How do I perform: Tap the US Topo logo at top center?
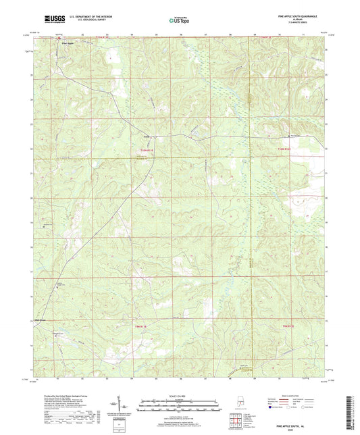(x=178, y=21)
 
